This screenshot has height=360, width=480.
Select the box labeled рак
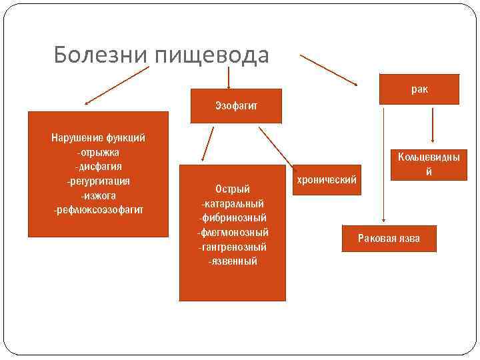(419, 89)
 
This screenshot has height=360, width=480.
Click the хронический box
(327, 180)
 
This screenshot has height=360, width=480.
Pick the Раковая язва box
(389, 238)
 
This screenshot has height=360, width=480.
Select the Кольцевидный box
(429, 164)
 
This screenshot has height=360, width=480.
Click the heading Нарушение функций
(98, 138)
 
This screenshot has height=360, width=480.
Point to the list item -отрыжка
(98, 153)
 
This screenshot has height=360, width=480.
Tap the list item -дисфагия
(98, 167)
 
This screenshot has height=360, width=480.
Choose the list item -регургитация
(98, 181)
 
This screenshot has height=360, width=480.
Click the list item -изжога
(98, 196)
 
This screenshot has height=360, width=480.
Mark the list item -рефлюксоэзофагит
(98, 211)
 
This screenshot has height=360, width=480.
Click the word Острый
(233, 189)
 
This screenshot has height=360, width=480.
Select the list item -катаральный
(233, 203)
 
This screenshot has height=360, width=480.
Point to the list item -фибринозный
(233, 218)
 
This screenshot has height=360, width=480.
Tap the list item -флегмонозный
(233, 233)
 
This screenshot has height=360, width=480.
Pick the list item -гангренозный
(233, 247)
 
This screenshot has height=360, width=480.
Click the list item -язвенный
(233, 261)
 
